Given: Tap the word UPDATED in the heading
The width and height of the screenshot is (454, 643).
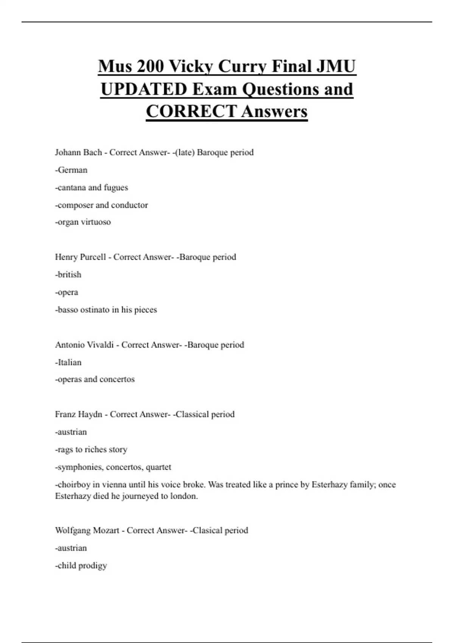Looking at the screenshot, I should (144, 89).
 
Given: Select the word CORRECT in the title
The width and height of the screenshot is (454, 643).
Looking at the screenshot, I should (191, 112).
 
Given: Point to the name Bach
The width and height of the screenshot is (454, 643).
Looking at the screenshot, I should (91, 152).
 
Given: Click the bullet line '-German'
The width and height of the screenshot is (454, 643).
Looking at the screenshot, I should (71, 170).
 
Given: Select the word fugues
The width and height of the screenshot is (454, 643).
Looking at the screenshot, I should (116, 188).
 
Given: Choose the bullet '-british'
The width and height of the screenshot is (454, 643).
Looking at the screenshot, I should (68, 275).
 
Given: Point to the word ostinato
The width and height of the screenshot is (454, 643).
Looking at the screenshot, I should (95, 310).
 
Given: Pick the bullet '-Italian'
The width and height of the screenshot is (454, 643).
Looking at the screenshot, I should (68, 362).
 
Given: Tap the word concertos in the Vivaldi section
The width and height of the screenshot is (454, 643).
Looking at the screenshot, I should (117, 379).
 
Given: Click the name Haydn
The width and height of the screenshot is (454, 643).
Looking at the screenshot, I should (90, 415).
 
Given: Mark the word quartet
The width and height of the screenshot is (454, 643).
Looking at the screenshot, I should (159, 467).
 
